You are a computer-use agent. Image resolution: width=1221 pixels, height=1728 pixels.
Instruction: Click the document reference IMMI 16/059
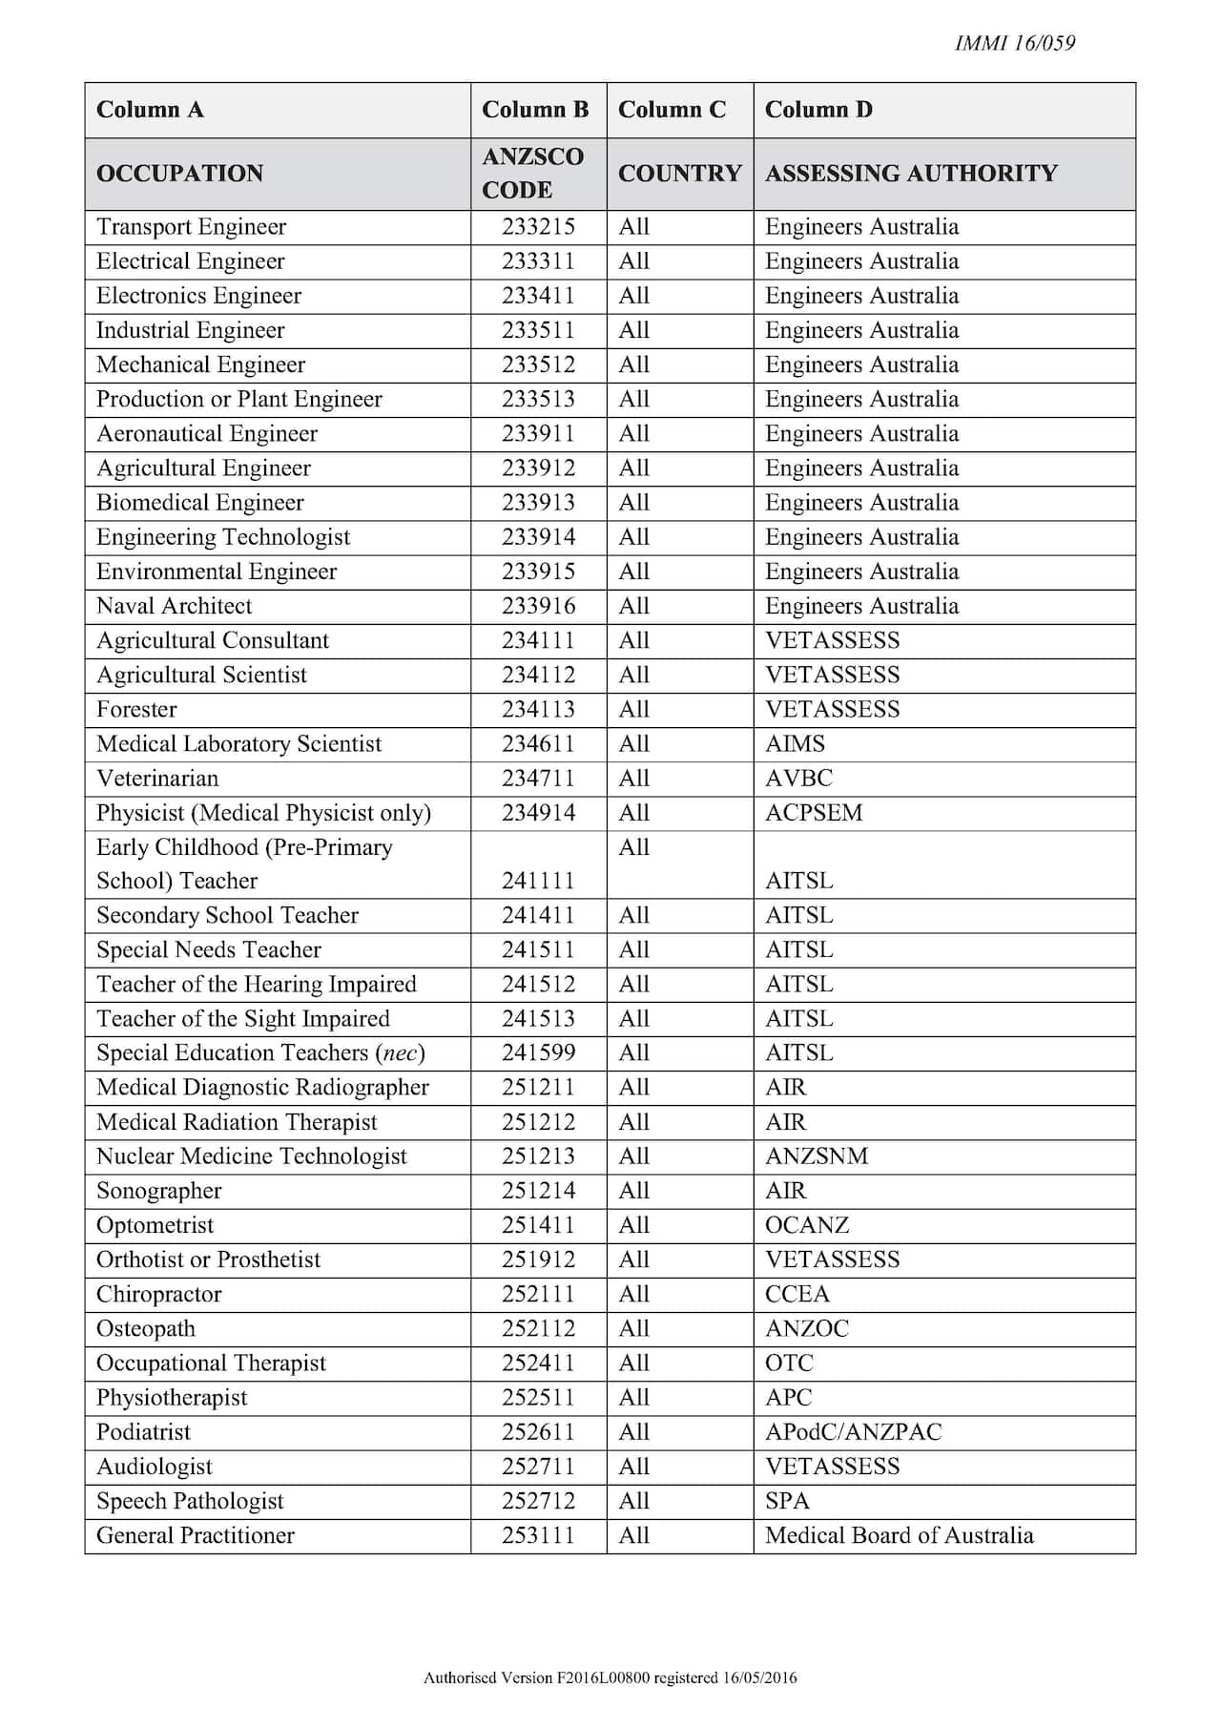coord(1014,43)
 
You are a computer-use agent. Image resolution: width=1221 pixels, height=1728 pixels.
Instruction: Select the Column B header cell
coord(535,110)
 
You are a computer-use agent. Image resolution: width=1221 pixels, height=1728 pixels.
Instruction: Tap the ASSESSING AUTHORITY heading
coord(911,173)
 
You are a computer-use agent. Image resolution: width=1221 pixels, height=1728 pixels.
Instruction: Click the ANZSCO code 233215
coord(538,227)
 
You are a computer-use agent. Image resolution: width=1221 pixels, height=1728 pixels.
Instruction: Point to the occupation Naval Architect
coord(175,606)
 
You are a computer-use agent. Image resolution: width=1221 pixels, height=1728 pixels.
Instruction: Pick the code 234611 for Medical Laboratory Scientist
coord(538,744)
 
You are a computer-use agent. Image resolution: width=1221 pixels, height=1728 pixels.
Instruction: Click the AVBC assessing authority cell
coord(798,779)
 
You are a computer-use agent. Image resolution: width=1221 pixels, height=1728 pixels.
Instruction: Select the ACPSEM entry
coord(814,813)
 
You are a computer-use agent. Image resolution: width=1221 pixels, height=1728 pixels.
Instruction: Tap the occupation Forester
coord(136,710)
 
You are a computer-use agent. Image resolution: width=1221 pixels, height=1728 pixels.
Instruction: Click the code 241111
coord(538,881)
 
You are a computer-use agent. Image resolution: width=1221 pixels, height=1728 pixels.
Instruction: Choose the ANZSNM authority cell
coord(817,1156)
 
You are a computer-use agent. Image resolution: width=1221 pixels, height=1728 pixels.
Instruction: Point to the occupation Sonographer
coord(158,1191)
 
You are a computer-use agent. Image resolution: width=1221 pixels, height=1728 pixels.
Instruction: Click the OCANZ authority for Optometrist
coord(807,1225)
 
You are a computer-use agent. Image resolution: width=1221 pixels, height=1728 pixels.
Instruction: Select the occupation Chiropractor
coord(158,1295)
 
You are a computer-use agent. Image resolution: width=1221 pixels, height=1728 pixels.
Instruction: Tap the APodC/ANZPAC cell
coord(853,1432)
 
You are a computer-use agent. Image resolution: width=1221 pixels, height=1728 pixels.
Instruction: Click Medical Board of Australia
coord(899,1535)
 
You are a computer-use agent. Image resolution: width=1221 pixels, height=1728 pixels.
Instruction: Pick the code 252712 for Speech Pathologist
coord(538,1501)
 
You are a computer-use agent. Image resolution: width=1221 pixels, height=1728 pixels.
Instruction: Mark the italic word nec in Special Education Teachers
coord(399,1053)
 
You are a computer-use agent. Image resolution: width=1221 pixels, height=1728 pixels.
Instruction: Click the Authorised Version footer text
coord(610,1677)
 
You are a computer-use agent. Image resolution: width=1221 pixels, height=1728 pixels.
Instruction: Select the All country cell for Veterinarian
coord(633,779)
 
